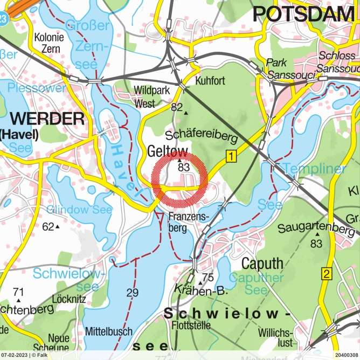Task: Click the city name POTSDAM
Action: pyautogui.click(x=303, y=14)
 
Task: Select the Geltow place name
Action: pyautogui.click(x=168, y=152)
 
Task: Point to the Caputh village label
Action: pyautogui.click(x=262, y=264)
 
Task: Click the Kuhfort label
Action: pyautogui.click(x=211, y=80)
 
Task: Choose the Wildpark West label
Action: pyautogui.click(x=148, y=95)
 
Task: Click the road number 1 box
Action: pyautogui.click(x=231, y=157)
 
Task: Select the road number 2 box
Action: pyautogui.click(x=326, y=273)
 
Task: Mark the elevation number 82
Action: pyautogui.click(x=177, y=107)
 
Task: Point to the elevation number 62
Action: pyautogui.click(x=49, y=226)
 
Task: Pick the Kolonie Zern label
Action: pyautogui.click(x=49, y=44)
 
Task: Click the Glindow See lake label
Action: pyautogui.click(x=79, y=209)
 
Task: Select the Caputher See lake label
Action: pyautogui.click(x=260, y=284)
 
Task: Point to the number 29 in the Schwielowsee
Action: pyautogui.click(x=132, y=293)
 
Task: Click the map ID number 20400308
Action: pyautogui.click(x=345, y=355)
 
